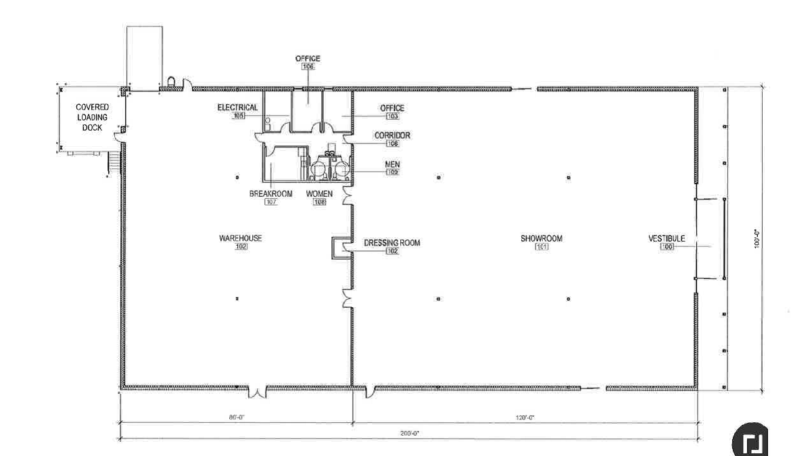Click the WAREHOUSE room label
240,238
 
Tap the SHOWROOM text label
541,238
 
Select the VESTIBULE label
667,238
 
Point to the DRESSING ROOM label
391,243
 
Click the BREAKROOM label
270,194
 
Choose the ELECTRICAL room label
237,108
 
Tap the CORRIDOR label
392,135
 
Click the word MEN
392,164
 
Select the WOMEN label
320,194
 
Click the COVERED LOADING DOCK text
92,117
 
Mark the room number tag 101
541,247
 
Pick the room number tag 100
667,247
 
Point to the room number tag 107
270,202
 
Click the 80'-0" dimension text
236,418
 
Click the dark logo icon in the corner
751,441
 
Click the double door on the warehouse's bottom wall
257,392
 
